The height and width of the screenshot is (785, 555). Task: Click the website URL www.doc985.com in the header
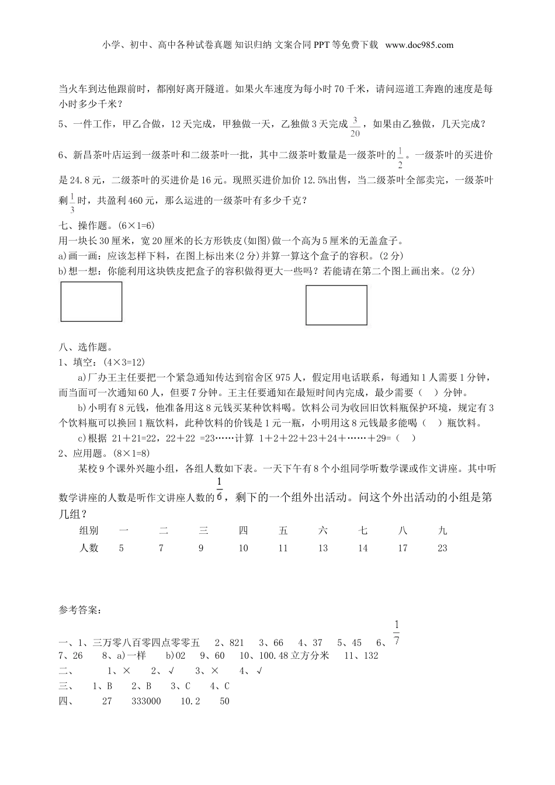coord(419,44)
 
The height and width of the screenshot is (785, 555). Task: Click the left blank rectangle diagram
coord(91,301)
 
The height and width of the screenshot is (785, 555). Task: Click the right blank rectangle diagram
coord(337,305)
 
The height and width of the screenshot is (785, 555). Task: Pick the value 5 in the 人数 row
coord(121,548)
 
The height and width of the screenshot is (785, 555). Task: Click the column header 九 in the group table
coord(442,530)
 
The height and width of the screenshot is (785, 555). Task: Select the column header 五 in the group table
coord(283,530)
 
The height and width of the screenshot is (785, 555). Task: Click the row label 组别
coord(89,530)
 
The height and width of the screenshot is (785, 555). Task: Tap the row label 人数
coord(89,548)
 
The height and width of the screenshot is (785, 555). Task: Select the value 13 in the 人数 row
coord(323,548)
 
